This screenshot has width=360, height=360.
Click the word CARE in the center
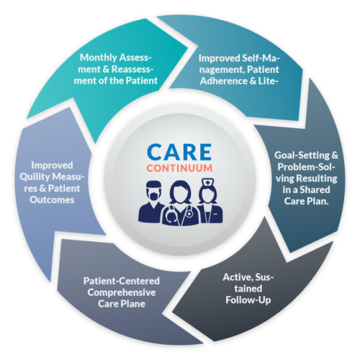180,153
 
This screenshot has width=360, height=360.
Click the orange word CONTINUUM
180,171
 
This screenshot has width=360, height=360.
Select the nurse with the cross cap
207,202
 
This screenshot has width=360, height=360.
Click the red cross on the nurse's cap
207,183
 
